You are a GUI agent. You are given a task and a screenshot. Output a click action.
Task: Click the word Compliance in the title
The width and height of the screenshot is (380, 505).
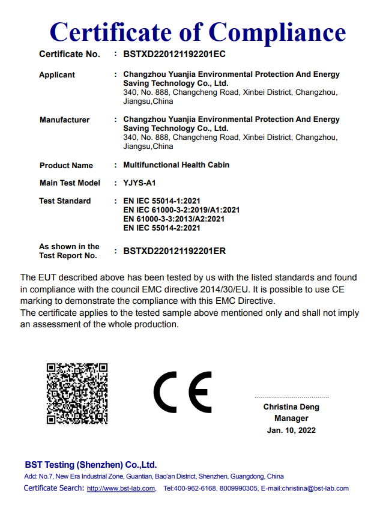pyautogui.click(x=277, y=31)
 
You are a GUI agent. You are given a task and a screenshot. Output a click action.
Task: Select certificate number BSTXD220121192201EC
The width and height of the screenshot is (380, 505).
pyautogui.click(x=174, y=54)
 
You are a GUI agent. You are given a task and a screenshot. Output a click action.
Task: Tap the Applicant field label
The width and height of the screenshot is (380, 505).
pyautogui.click(x=57, y=75)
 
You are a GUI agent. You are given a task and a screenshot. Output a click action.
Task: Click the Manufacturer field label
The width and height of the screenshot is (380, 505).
pyautogui.click(x=64, y=120)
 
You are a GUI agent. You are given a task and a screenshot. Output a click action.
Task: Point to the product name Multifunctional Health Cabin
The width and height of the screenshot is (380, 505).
pyautogui.click(x=176, y=165)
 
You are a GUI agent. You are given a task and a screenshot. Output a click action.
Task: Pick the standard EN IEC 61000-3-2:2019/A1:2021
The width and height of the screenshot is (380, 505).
pyautogui.click(x=181, y=210)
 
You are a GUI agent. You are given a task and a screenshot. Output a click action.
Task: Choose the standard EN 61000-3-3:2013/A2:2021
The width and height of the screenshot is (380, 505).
pyautogui.click(x=173, y=219)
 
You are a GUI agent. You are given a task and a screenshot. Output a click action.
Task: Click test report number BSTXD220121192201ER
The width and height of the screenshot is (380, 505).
pyautogui.click(x=174, y=251)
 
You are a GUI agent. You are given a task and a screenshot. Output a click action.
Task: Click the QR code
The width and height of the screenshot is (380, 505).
pyautogui.click(x=77, y=393)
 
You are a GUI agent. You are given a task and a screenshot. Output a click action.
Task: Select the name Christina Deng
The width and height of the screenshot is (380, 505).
pyautogui.click(x=291, y=407)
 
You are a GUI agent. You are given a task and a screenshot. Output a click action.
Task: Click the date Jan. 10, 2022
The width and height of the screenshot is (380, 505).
pyautogui.click(x=291, y=430)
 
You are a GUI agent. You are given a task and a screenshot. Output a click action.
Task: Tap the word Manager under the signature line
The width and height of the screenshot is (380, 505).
pyautogui.click(x=291, y=419)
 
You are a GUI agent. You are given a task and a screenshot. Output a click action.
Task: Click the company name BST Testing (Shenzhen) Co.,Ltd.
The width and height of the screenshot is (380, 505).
pyautogui.click(x=91, y=465)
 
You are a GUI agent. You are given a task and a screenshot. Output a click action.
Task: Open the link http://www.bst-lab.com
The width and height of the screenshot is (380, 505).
pyautogui.click(x=121, y=489)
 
